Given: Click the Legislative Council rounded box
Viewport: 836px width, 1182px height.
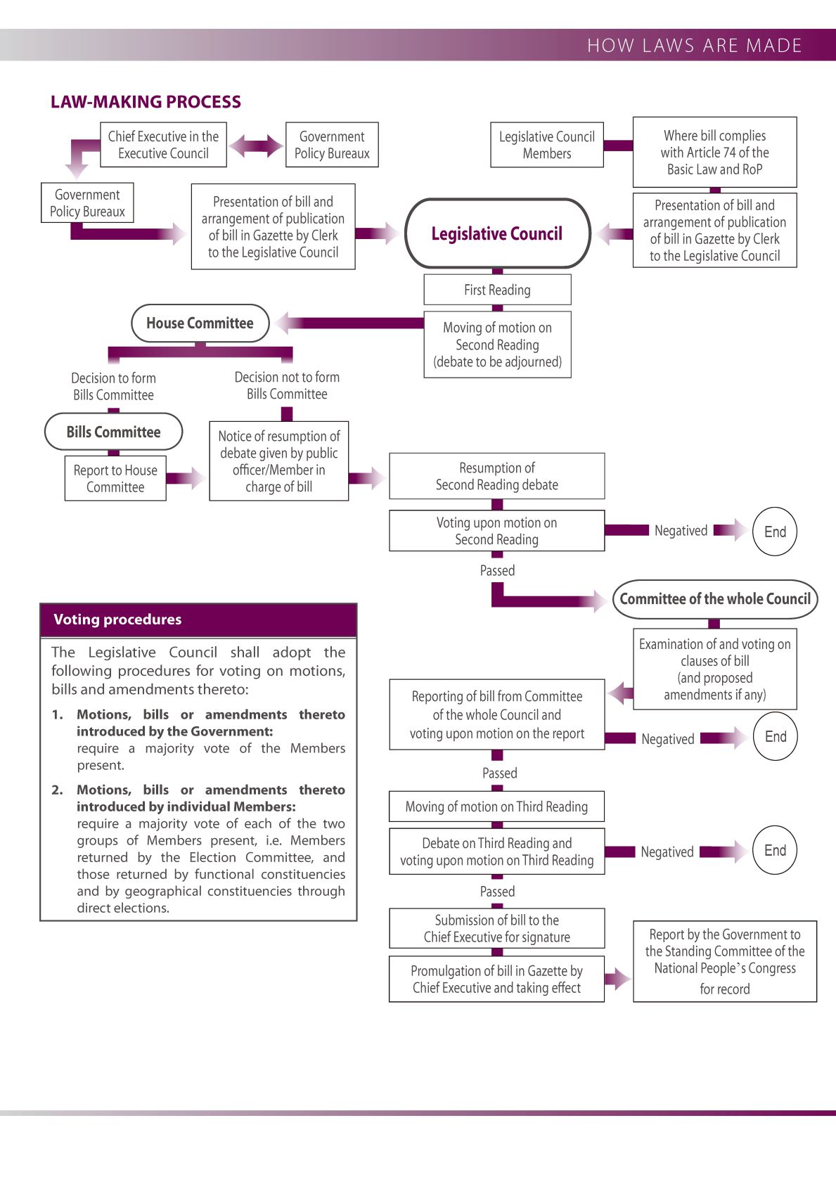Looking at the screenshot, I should [x=497, y=233].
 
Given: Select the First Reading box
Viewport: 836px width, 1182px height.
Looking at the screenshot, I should [x=497, y=290].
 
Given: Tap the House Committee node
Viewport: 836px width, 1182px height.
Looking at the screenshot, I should [x=200, y=323].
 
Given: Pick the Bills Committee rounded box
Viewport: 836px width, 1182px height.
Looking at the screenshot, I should [x=113, y=432].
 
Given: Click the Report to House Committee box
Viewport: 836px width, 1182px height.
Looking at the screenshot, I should [x=115, y=479].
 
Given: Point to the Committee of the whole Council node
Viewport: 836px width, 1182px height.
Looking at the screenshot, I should [x=715, y=599].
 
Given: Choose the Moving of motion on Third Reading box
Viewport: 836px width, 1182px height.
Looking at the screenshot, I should [x=496, y=807].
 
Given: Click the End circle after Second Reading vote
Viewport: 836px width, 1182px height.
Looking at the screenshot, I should [x=775, y=532].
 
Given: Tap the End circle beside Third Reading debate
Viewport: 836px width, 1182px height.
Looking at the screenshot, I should [x=775, y=850].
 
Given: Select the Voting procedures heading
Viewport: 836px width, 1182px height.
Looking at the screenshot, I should [x=117, y=619].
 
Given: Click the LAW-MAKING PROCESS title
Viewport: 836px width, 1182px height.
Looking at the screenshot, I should [x=146, y=102].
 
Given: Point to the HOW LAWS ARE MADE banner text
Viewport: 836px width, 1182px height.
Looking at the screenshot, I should [x=694, y=46].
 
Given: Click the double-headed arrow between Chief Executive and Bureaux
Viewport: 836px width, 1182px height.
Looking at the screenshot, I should [x=256, y=146].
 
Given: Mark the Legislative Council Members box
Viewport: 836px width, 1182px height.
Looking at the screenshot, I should [x=546, y=145].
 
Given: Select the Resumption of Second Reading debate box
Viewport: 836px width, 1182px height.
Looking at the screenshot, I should [x=496, y=476].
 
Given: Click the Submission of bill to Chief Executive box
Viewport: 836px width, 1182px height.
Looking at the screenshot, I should [x=496, y=928].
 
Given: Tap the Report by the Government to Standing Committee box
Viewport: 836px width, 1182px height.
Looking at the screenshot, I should [x=724, y=961].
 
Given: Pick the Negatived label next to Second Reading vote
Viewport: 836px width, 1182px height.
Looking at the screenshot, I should [x=681, y=531].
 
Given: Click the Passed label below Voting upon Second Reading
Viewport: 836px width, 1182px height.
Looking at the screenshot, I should [x=497, y=571].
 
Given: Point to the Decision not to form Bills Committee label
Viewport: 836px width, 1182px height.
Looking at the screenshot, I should [x=287, y=385].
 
